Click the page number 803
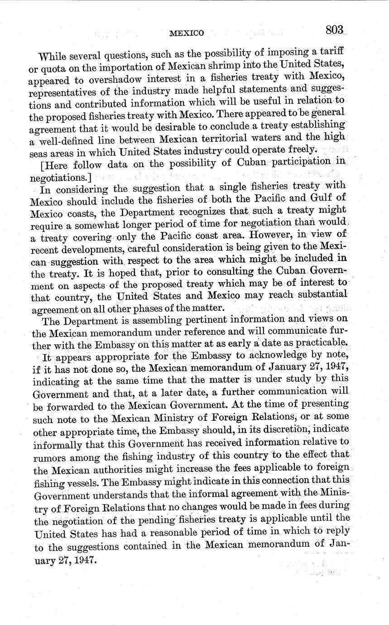[x=335, y=30]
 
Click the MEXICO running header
[x=187, y=33]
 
